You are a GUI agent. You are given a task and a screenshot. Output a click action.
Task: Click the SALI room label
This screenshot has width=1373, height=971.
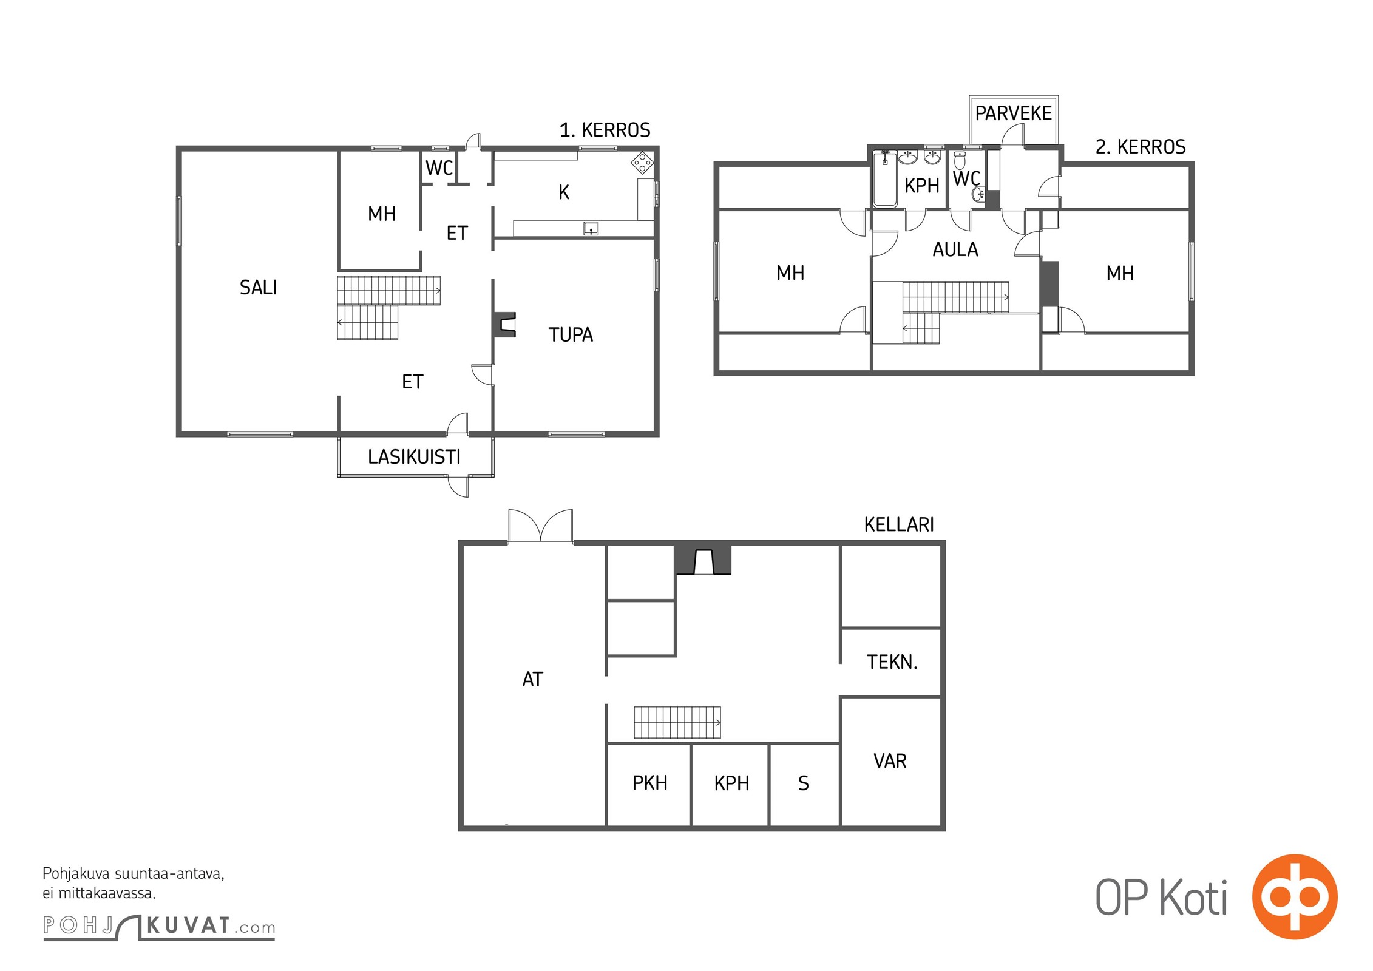[x=258, y=287]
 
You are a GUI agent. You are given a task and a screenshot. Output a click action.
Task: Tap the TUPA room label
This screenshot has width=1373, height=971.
[x=571, y=335]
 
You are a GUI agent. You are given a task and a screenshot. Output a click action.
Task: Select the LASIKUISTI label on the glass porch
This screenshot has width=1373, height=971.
[x=414, y=457]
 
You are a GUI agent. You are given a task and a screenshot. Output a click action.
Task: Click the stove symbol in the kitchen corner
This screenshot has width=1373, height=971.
[x=642, y=163]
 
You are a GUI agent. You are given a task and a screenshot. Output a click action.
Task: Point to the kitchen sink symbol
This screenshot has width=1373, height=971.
[x=591, y=228]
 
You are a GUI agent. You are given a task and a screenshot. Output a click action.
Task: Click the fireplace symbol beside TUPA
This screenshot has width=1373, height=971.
[x=505, y=324]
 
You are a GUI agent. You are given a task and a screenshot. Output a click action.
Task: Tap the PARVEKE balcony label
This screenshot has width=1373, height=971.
[x=1013, y=113]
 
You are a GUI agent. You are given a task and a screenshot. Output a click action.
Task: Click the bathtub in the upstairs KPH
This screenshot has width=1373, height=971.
[x=884, y=179]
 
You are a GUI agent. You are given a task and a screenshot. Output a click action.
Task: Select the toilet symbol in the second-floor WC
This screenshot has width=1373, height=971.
[x=960, y=161]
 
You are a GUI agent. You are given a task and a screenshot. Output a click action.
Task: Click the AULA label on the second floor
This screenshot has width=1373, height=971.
[x=955, y=249]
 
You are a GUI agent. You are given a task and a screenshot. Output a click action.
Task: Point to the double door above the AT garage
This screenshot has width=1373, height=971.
[x=540, y=526]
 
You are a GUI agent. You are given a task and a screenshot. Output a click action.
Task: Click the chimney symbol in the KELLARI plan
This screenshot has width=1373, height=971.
[x=703, y=560]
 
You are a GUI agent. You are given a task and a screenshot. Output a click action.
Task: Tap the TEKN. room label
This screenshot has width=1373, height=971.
[x=892, y=662]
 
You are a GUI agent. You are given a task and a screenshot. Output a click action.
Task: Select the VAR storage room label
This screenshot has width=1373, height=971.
[x=890, y=761]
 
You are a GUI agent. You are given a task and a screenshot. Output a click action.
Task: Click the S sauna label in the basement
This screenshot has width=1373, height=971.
[x=804, y=783]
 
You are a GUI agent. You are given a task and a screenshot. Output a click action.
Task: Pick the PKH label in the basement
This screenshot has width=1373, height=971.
[x=649, y=783]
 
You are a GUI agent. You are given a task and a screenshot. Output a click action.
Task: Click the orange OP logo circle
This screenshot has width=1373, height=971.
[x=1295, y=897]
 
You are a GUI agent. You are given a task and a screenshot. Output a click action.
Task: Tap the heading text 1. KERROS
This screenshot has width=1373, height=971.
[x=605, y=130]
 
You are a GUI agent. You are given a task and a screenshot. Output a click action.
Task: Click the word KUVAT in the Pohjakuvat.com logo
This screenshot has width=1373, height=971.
[x=188, y=926]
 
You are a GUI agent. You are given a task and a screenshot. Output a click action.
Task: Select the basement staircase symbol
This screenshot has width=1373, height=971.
[x=677, y=722]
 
